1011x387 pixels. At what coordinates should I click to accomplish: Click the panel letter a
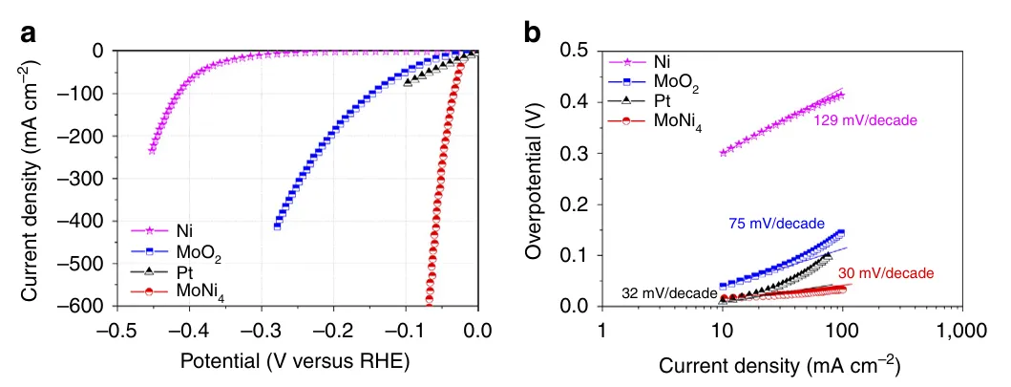30,33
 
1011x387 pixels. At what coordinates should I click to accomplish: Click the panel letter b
533,33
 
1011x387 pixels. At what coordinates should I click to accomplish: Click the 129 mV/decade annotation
865,120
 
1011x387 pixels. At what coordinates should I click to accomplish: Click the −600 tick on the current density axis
80,306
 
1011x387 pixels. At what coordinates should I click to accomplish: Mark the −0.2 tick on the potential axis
332,330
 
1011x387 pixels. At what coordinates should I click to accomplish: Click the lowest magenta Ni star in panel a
152,151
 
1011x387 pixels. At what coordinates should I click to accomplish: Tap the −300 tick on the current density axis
80,178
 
